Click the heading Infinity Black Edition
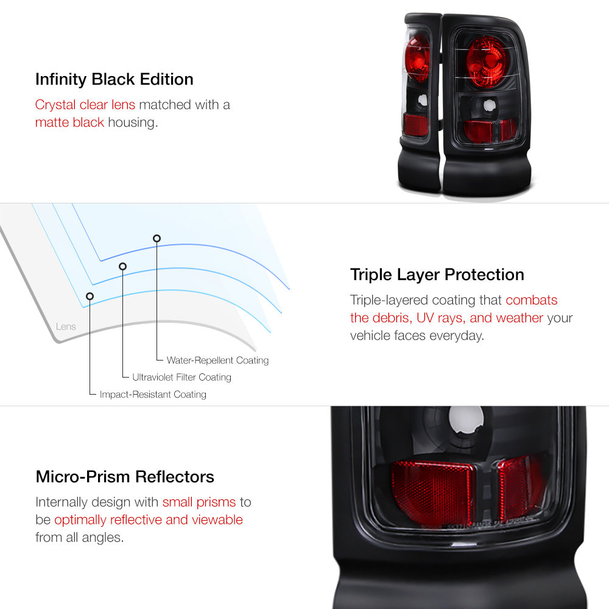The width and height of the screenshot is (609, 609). coord(114,80)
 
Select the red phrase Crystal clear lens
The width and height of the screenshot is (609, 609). coord(85,105)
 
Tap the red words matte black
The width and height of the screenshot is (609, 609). coord(69,122)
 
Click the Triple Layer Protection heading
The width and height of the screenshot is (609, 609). coord(437,275)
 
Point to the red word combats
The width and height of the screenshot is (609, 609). coord(531,300)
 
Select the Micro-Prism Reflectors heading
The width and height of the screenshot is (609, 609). coord(125,477)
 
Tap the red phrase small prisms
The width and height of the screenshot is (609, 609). coord(199,502)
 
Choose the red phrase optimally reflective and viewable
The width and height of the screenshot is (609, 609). coord(149,519)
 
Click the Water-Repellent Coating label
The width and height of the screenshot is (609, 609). coord(217,361)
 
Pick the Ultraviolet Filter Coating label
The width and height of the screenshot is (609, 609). coord(181,377)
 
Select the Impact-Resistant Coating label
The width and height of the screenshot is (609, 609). coord(153,394)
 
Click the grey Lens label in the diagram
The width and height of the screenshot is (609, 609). coord(66,326)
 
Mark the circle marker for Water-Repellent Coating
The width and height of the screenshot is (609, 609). coord(157,238)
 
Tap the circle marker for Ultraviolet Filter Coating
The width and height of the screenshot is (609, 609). coord(123,267)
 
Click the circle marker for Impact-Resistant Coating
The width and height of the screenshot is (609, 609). coord(90,297)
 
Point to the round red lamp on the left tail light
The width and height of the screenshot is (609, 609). coord(418,58)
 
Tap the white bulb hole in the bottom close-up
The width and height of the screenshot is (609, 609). coord(466,421)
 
